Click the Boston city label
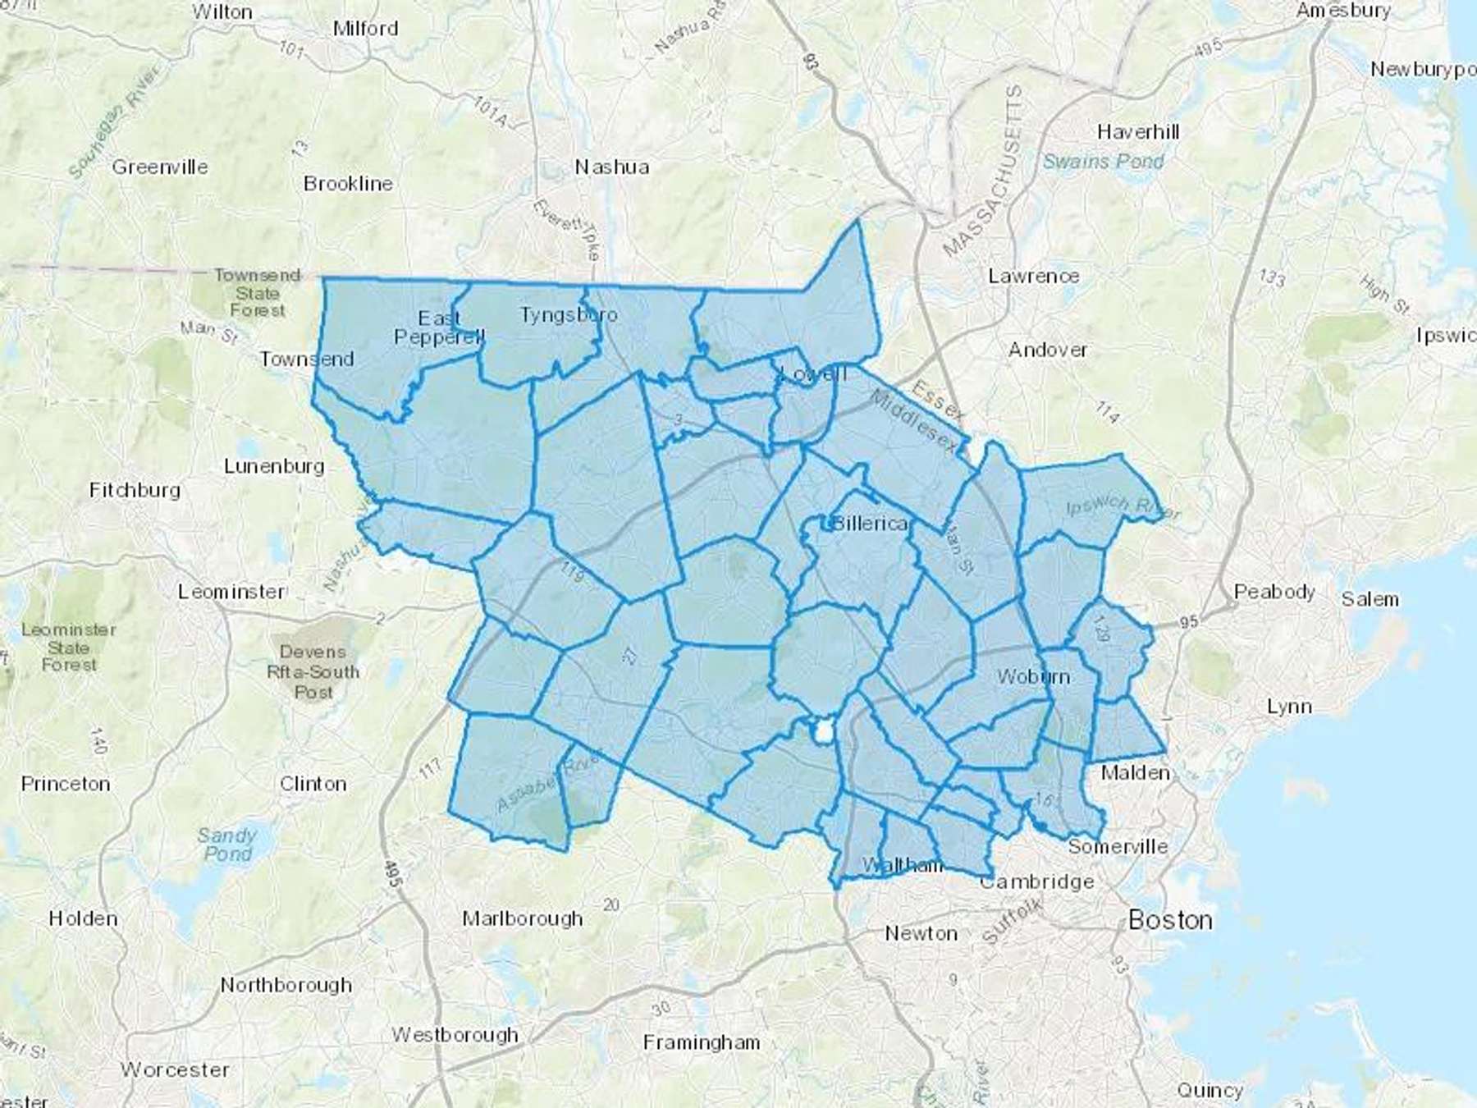coord(1170,920)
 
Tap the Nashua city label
coord(612,167)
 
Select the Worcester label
coord(175,1069)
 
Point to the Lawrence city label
coord(1033,276)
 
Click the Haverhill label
coord(1138,132)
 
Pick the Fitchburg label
coord(135,490)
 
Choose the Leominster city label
coord(232,592)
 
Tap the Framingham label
coord(702,1042)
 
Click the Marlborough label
coord(523,918)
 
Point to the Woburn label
coord(1033,677)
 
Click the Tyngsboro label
coord(569,315)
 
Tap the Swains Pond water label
coord(1104,162)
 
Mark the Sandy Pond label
coord(227,845)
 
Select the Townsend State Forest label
coord(258,293)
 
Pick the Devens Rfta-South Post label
coord(313,672)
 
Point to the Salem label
coord(1370,599)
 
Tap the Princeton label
coord(66,784)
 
